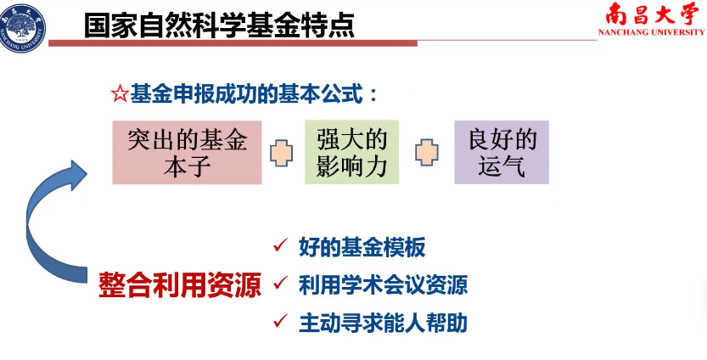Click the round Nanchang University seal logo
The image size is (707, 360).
click(22, 27)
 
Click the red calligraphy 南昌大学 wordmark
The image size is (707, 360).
click(651, 14)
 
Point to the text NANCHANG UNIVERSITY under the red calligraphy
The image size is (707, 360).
click(651, 32)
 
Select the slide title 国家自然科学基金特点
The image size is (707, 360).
click(219, 25)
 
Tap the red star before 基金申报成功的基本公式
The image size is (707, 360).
click(119, 95)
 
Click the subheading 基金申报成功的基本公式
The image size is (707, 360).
click(247, 95)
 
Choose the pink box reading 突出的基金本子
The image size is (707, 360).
click(187, 152)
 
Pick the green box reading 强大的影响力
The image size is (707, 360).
click(351, 152)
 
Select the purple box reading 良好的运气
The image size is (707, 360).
click(502, 152)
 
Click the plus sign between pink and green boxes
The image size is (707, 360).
click(282, 153)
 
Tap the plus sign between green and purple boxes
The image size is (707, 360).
click(427, 153)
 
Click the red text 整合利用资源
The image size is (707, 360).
click(180, 284)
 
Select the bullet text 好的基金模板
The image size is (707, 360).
click(362, 247)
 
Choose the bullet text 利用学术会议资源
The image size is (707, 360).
click(383, 284)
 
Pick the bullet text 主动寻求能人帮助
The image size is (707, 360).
click(383, 323)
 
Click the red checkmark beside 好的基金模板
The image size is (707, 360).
click(280, 246)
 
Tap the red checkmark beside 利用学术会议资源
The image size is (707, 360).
click(280, 284)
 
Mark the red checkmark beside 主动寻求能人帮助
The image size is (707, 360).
click(280, 321)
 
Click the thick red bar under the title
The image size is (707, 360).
click(233, 43)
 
